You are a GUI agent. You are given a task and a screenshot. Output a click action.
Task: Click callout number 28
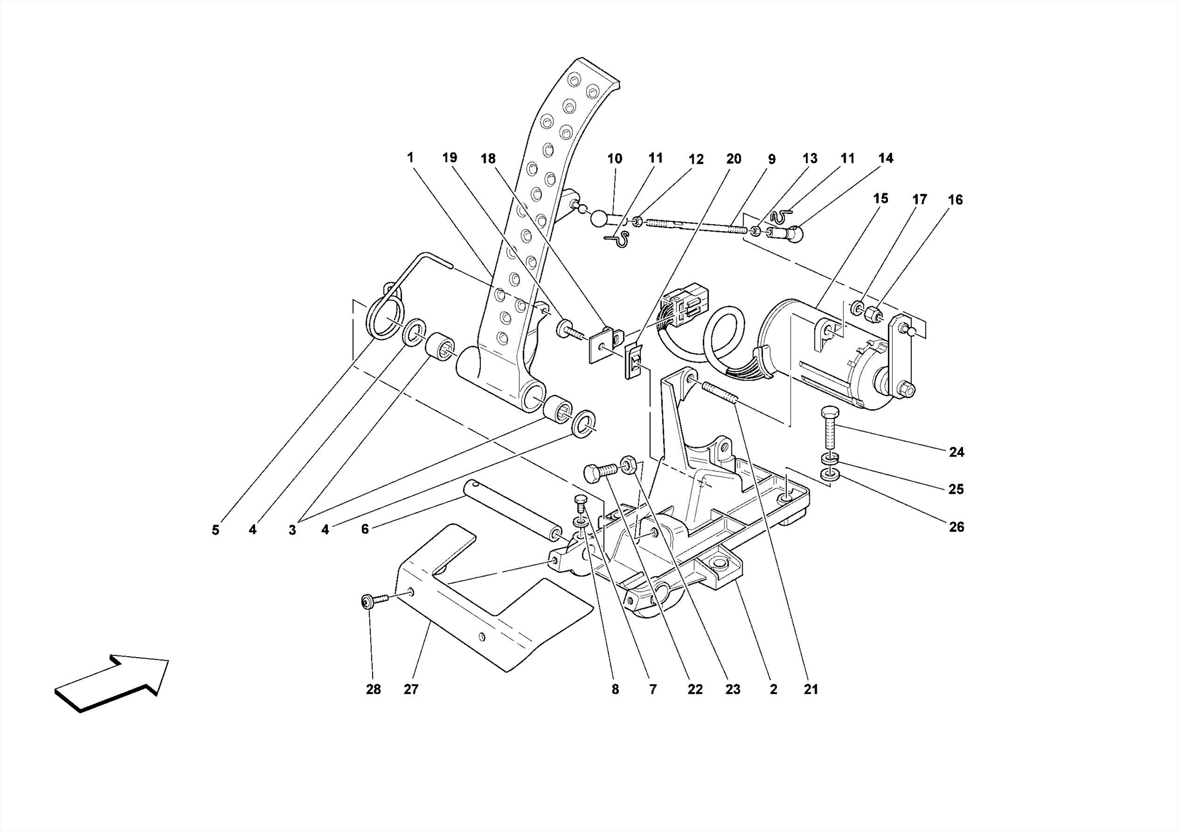tap(373, 689)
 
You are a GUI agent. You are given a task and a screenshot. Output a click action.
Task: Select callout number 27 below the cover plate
tap(411, 689)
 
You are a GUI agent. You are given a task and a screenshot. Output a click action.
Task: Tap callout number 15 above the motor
tap(880, 199)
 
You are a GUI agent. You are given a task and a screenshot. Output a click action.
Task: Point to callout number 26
tap(956, 527)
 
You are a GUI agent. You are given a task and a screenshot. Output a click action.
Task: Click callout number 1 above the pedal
tap(410, 158)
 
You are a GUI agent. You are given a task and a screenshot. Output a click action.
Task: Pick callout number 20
tap(733, 159)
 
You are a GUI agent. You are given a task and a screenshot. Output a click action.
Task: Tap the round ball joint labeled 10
tap(599, 218)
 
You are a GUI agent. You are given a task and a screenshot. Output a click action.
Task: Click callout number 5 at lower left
tap(215, 530)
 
